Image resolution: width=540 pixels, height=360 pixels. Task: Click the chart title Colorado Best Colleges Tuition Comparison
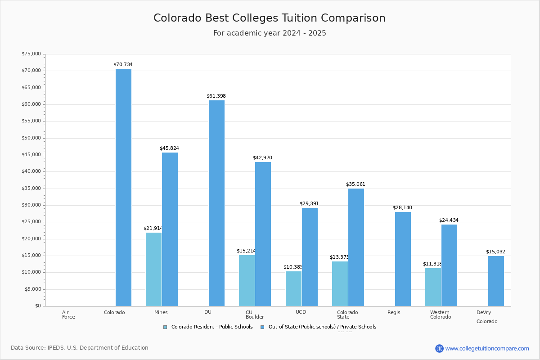point(269,18)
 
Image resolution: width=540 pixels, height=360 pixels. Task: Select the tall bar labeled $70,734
point(123,187)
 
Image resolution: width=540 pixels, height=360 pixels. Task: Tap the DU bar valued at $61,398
point(216,203)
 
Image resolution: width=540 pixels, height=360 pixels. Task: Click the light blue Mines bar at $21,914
point(153,269)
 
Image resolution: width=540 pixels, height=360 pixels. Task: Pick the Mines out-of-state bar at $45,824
point(170,229)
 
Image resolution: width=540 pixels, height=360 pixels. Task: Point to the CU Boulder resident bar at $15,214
point(247,280)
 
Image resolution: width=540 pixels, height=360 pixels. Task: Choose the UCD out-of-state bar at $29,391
point(310,256)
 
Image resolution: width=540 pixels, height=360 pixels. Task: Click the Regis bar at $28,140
point(403,259)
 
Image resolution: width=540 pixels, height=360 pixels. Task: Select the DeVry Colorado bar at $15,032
point(496,281)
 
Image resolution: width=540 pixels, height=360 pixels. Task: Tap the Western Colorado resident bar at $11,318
point(433,287)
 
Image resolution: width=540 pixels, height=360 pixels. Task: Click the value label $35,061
point(355,184)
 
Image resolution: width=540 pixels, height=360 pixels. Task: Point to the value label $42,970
point(262,157)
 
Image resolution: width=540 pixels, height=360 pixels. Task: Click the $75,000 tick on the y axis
point(31,54)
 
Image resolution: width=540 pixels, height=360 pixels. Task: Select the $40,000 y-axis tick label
point(31,171)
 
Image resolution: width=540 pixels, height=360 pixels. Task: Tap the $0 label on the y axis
point(37,306)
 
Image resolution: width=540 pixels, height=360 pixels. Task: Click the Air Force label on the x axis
point(68,315)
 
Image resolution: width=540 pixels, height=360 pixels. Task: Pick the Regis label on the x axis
point(394,312)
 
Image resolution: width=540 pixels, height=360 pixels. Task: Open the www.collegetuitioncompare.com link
point(487,348)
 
